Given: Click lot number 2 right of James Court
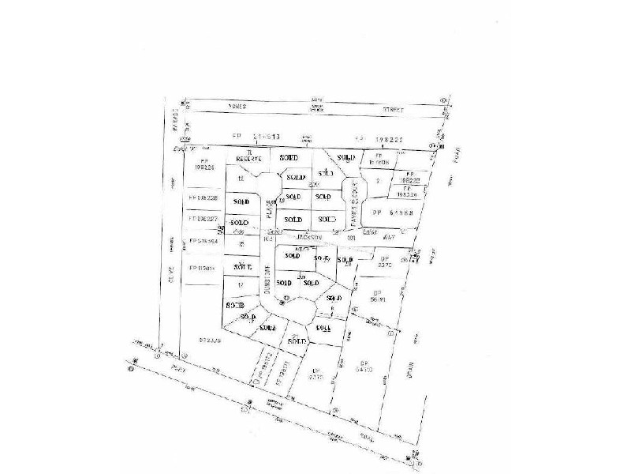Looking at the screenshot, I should pos(379,181).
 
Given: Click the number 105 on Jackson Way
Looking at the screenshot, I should pos(268,237).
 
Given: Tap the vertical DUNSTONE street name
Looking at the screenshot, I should pos(268,279).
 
